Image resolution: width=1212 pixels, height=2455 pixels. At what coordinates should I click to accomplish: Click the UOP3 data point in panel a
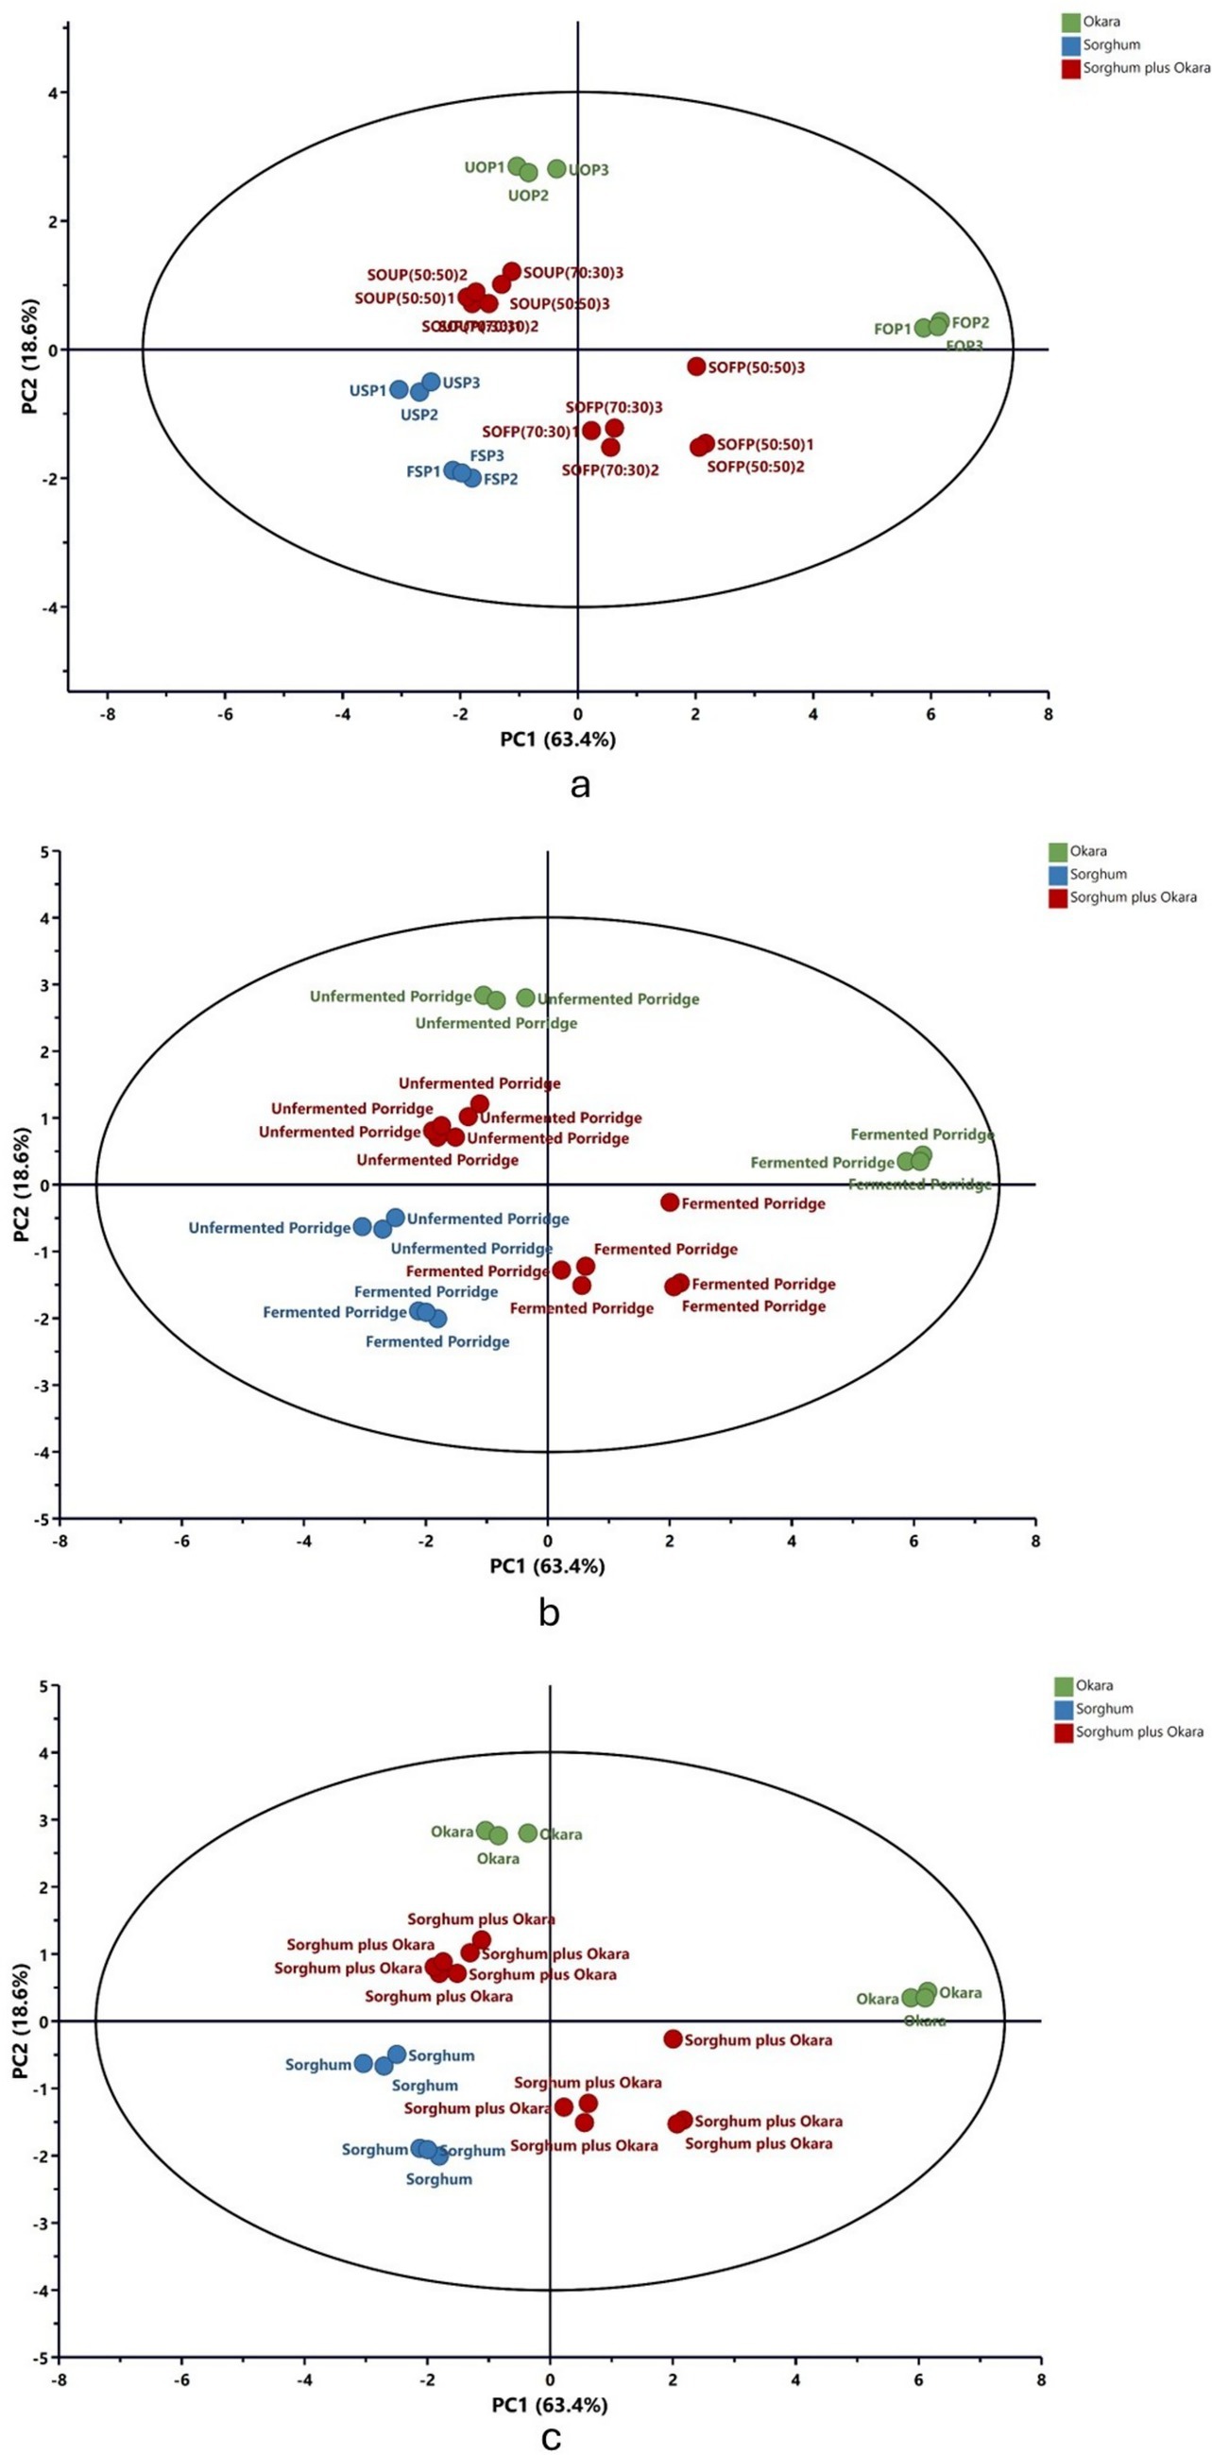(x=556, y=169)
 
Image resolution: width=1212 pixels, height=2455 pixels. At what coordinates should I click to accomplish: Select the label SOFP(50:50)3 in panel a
(x=757, y=367)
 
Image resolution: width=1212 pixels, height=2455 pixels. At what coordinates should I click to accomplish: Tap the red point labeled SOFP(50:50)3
(x=695, y=366)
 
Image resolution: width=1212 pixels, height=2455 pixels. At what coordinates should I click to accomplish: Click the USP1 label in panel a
(x=367, y=390)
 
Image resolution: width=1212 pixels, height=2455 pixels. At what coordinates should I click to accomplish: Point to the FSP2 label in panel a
(x=501, y=479)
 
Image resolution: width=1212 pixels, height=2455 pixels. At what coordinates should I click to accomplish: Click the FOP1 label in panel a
(x=893, y=329)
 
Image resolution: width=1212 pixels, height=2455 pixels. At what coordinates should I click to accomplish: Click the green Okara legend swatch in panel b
(x=1057, y=851)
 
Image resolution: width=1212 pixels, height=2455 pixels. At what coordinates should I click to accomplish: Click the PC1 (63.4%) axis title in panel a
(x=557, y=739)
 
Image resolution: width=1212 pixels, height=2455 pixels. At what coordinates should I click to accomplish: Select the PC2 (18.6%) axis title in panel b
(x=21, y=1185)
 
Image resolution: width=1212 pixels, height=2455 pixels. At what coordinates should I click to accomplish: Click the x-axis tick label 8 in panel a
(x=1049, y=712)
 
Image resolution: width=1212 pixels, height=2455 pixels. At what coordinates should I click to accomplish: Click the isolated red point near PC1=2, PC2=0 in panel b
(x=670, y=1202)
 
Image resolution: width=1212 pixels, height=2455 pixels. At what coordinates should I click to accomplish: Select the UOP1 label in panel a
(x=484, y=167)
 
